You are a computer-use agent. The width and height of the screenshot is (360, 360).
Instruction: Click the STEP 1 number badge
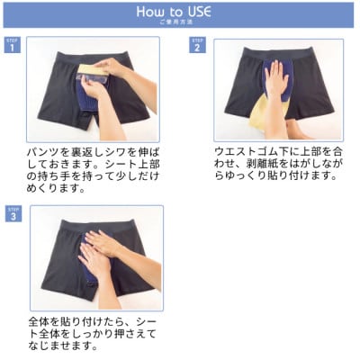[x=12, y=46]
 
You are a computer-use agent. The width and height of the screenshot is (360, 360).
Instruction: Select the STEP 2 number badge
[x=197, y=46]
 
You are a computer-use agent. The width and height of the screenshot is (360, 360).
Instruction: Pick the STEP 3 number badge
[x=12, y=215]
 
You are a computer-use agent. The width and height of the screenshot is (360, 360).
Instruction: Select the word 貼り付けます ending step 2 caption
[x=293, y=175]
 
